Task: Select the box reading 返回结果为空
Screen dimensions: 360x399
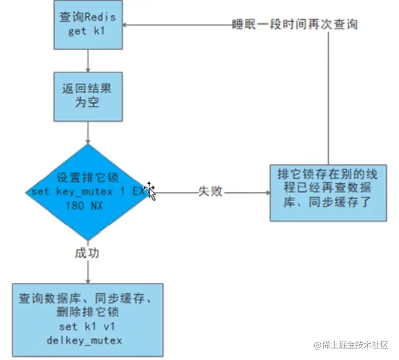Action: pyautogui.click(x=88, y=96)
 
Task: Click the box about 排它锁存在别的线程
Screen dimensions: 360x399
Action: pyautogui.click(x=328, y=192)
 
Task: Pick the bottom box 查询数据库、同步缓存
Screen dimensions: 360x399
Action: pyautogui.click(x=88, y=319)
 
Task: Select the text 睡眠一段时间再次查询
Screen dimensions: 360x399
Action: pyautogui.click(x=295, y=24)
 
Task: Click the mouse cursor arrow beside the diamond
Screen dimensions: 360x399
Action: pyautogui.click(x=150, y=192)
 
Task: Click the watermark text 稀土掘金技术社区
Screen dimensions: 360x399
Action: pyautogui.click(x=355, y=344)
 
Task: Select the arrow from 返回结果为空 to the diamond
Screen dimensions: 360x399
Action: pyautogui.click(x=88, y=133)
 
